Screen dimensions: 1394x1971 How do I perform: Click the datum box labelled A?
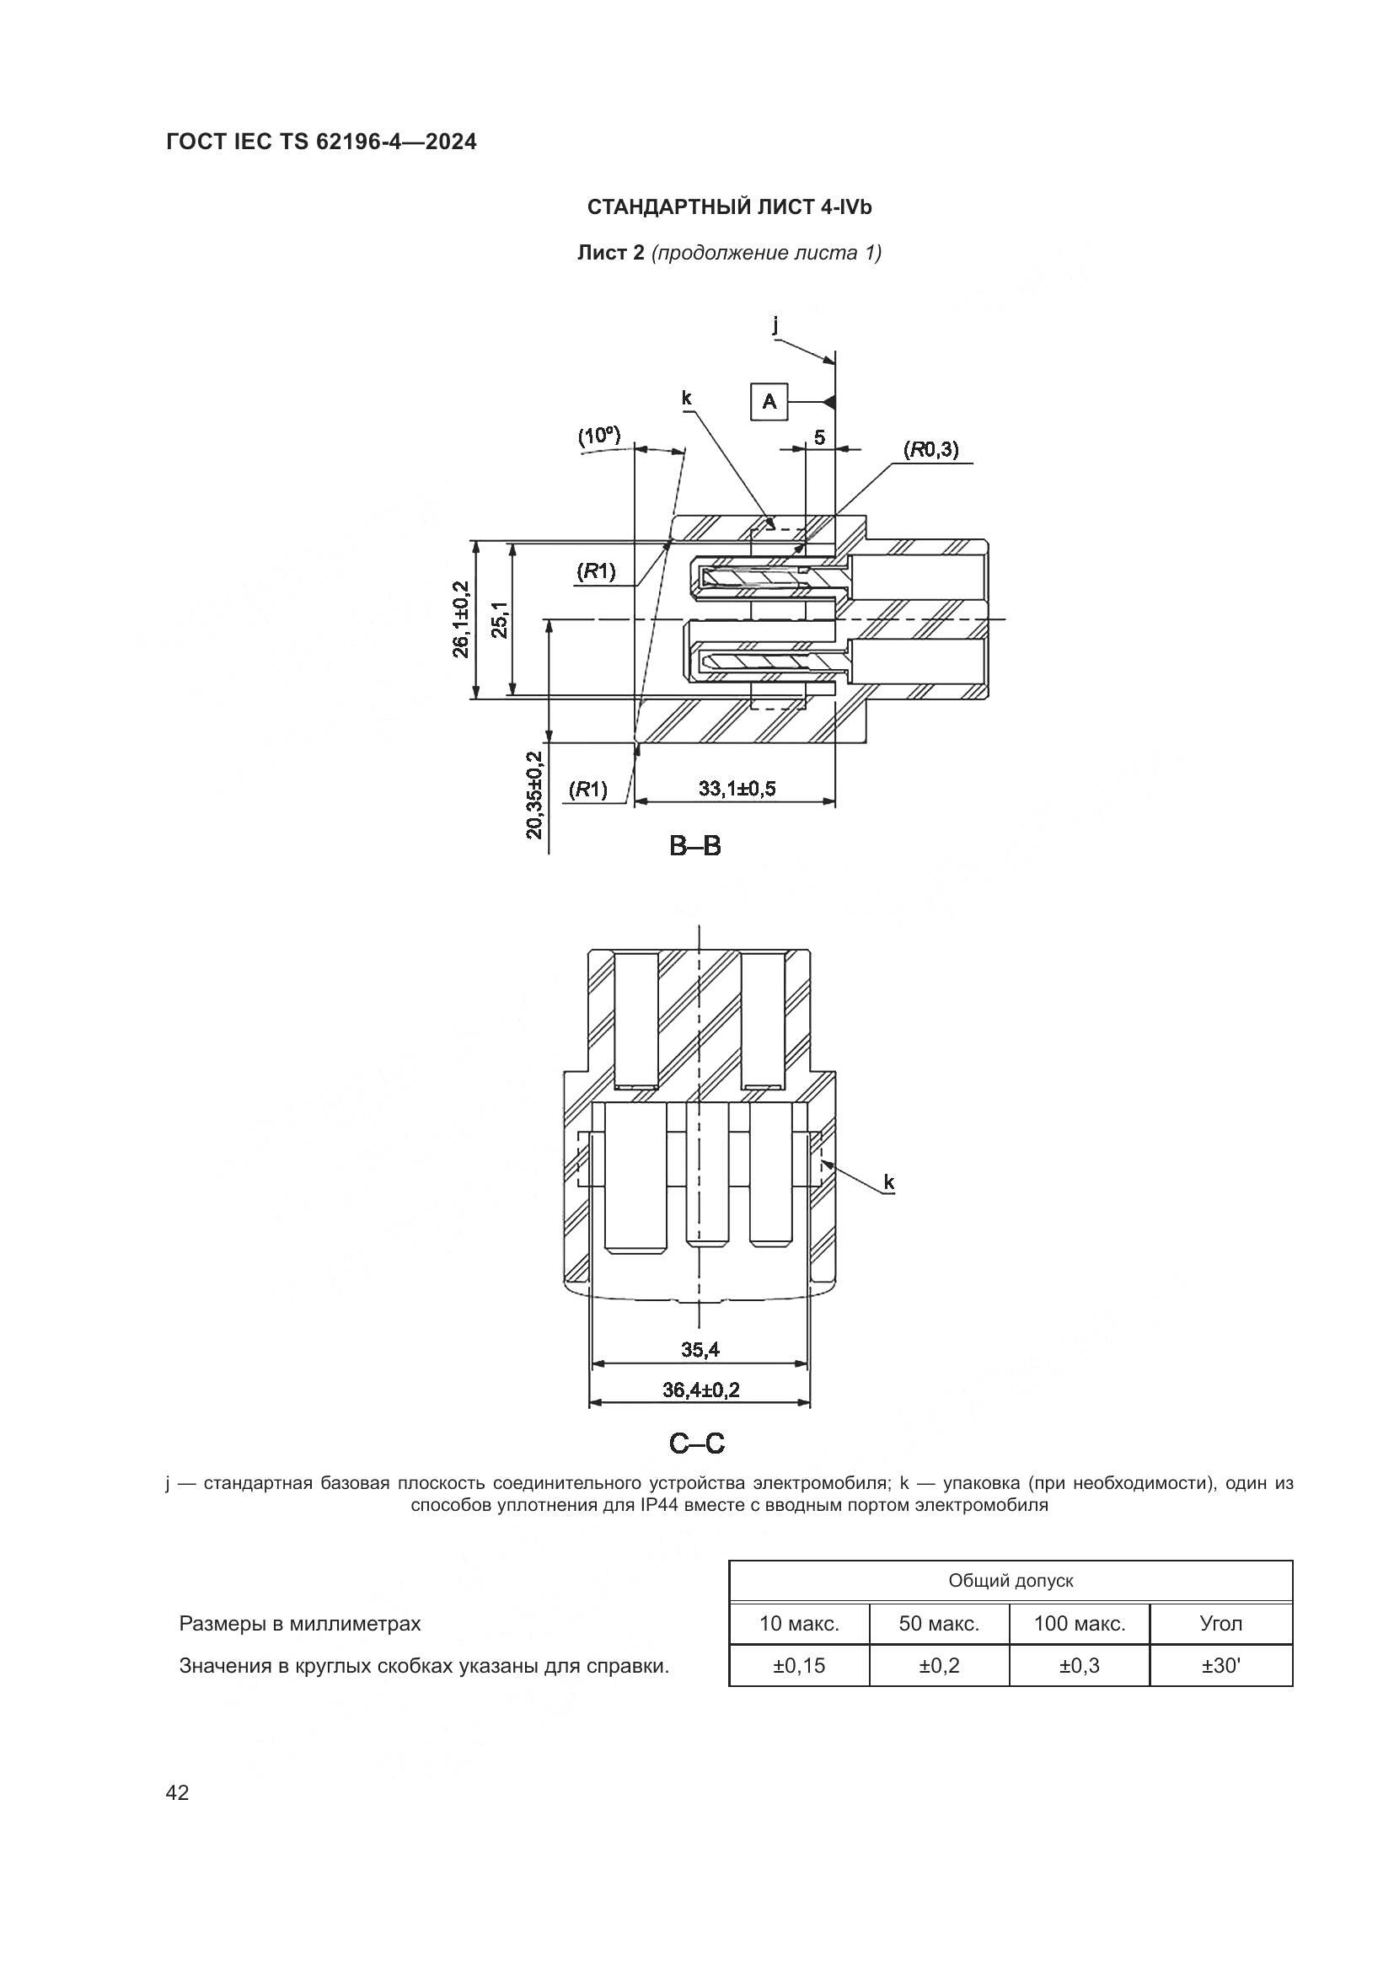[x=769, y=402]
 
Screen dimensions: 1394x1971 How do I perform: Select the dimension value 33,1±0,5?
[x=737, y=788]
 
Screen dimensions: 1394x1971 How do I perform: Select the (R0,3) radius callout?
[x=931, y=449]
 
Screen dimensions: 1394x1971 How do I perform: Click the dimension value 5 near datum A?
[x=820, y=438]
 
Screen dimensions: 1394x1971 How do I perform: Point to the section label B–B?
[x=695, y=846]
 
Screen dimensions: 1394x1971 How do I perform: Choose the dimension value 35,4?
[x=700, y=1349]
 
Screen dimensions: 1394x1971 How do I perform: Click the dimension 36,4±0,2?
[x=700, y=1390]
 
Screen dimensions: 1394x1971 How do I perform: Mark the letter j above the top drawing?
[x=775, y=324]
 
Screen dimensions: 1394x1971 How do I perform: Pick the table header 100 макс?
[x=1079, y=1623]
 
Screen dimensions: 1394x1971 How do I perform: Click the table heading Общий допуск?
[x=1011, y=1580]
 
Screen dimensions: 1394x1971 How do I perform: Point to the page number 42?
[x=178, y=1792]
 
